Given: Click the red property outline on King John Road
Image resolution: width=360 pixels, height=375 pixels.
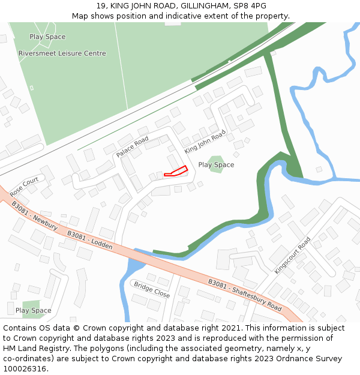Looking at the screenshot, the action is coord(176,172).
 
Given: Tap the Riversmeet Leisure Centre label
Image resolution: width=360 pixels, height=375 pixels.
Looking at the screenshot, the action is coord(62,53).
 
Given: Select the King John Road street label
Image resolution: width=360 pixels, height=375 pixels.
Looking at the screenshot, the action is coord(205,142).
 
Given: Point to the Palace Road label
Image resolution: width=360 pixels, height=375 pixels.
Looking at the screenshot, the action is coord(132,147).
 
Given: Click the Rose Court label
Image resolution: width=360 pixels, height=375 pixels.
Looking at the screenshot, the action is coord(24,186).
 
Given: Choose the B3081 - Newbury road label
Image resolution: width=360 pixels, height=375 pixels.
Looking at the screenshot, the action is coord(34,215).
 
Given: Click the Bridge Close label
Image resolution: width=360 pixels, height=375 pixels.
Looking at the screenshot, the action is coord(152,290).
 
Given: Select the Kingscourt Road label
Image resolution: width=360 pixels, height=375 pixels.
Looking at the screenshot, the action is coord(293,256).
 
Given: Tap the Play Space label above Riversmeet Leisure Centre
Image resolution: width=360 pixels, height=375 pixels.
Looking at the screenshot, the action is coord(47,37).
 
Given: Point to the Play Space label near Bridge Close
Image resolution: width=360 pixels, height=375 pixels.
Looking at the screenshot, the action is coord(33,311).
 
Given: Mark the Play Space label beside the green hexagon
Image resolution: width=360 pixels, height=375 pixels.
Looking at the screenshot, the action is coord(217,165).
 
